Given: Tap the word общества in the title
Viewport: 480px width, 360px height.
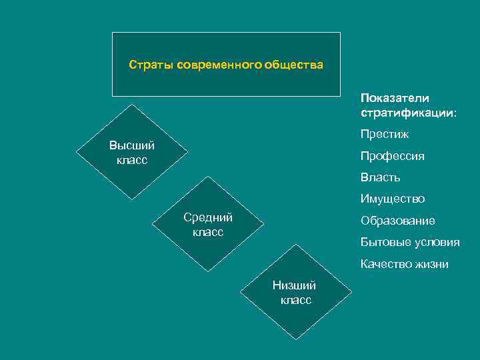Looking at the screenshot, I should coord(293,65).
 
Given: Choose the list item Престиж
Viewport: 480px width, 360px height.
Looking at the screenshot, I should coord(385,135).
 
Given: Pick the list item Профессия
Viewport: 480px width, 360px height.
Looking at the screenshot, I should coord(392,156).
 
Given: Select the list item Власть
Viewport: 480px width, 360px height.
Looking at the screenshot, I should coord(380,177).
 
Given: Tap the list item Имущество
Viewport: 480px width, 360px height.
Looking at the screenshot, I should coord(392,199).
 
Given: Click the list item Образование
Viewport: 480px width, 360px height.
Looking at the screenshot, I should coord(397,221).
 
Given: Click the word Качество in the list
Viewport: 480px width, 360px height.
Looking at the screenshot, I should coord(385,264).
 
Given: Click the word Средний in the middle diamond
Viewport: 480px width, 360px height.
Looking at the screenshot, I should coord(207,217).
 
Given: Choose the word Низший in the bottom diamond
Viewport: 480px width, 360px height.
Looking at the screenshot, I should coord(294,286).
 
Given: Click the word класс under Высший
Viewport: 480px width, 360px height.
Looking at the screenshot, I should coord(131,160).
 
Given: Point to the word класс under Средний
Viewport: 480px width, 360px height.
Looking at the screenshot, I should coord(207,232).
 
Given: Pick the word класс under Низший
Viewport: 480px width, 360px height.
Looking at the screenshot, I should coord(295,301).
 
